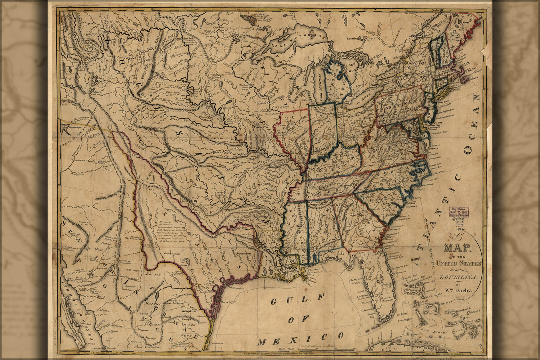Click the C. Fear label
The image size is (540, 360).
pos(416,198)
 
